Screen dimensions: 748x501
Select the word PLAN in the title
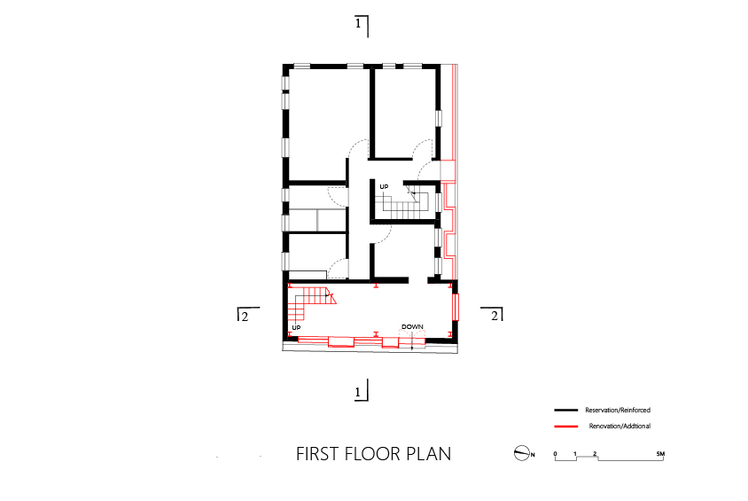(x=428, y=454)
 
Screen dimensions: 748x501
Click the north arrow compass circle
(x=521, y=453)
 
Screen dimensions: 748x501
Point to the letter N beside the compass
(x=533, y=455)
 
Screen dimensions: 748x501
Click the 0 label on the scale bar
(x=556, y=454)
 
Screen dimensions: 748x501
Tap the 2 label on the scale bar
(x=595, y=454)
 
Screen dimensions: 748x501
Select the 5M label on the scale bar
(x=660, y=454)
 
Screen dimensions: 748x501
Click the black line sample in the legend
(x=566, y=411)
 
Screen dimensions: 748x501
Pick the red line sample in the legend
(x=566, y=427)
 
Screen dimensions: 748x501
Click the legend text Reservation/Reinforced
(x=618, y=411)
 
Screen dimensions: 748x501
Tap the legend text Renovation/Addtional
(x=619, y=427)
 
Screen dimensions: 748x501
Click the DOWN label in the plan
(x=412, y=327)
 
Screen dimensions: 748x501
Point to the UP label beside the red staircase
(x=296, y=328)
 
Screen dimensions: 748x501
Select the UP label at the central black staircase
(x=384, y=186)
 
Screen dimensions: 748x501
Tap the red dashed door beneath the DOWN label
(x=412, y=337)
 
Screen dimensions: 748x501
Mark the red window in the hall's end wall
(x=456, y=307)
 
